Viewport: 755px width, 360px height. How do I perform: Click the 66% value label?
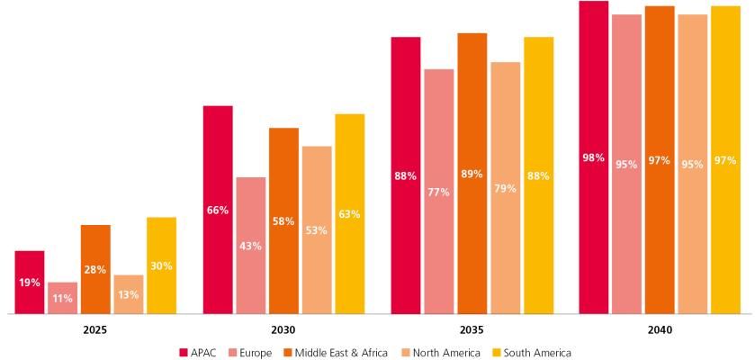pos(218,210)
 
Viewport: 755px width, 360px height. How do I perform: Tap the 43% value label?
pos(250,246)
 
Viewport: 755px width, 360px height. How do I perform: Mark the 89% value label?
pos(472,174)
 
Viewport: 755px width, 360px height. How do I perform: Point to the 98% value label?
pos(593,157)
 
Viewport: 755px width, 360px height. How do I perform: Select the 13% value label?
pos(129,294)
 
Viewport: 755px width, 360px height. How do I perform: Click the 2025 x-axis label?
pos(94,330)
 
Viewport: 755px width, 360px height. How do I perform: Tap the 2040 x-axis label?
pos(660,330)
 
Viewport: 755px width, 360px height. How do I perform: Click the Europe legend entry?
pos(251,353)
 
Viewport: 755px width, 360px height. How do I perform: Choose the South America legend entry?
pos(531,353)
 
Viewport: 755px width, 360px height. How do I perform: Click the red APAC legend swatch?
pos(184,353)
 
